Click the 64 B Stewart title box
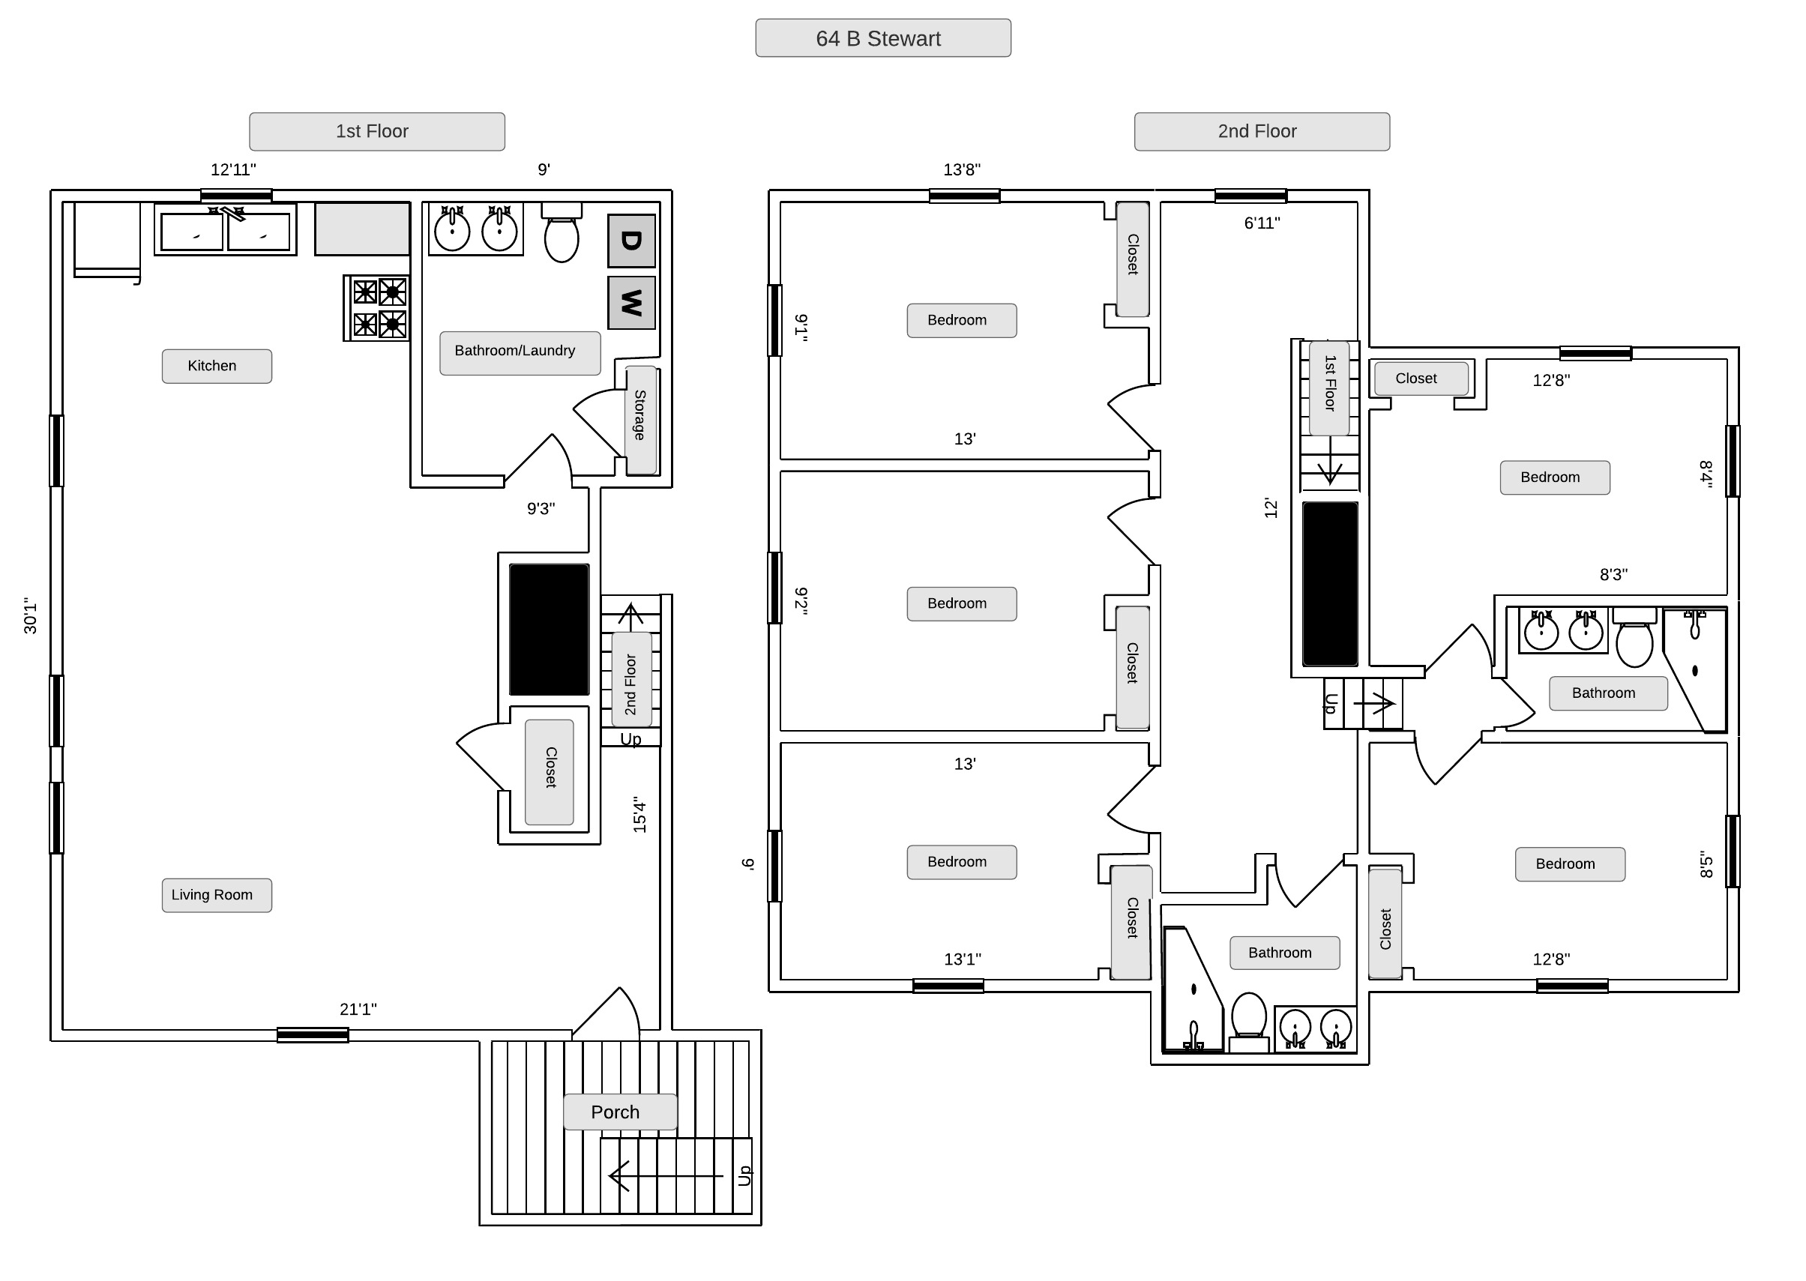[882, 38]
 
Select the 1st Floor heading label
[376, 131]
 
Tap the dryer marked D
[631, 241]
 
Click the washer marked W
[631, 302]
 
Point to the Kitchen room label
[216, 366]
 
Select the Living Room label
[216, 895]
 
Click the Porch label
[619, 1112]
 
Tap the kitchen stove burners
[377, 307]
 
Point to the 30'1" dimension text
[31, 615]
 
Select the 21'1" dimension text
[358, 1009]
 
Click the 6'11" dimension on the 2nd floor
[1262, 223]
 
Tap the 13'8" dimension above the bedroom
[962, 169]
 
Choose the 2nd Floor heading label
[1261, 131]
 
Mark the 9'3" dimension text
[541, 509]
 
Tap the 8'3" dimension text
[1613, 575]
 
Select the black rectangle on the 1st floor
[548, 629]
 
